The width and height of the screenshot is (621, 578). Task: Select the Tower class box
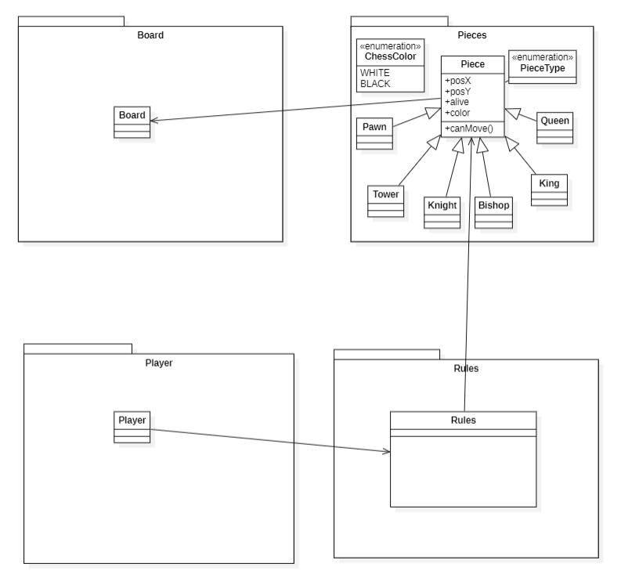coord(385,200)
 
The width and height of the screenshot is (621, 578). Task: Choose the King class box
coord(548,190)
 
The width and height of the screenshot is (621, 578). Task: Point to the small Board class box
coord(132,121)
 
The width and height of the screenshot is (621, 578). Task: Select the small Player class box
coord(132,426)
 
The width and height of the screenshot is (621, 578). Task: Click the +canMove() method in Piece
coord(465,128)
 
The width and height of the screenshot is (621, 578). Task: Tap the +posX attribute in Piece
coord(457,81)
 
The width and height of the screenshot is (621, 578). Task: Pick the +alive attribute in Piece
coord(457,102)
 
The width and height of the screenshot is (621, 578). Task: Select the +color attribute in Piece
coord(457,112)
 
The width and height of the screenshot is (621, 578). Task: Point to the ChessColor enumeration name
coord(389,55)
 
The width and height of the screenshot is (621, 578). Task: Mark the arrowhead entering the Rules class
coord(386,452)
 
